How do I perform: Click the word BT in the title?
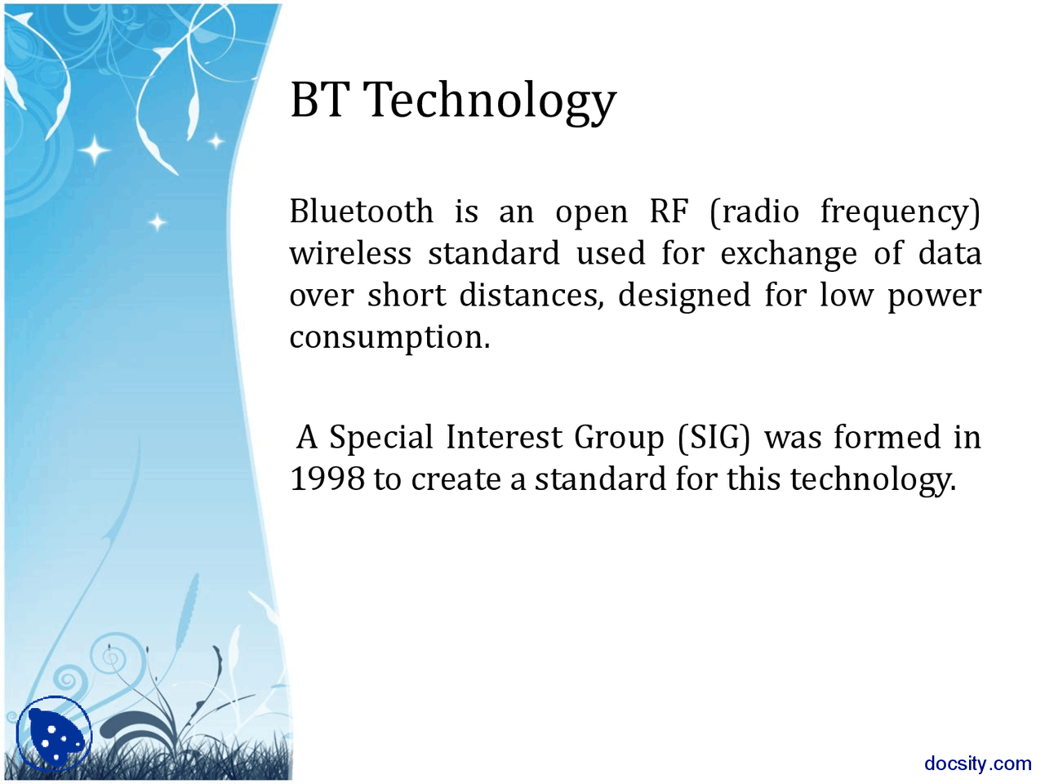pyautogui.click(x=317, y=100)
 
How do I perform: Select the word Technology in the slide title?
pyautogui.click(x=491, y=102)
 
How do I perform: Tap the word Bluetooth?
pyautogui.click(x=362, y=211)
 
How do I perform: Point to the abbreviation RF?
pyautogui.click(x=669, y=211)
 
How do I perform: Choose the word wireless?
pyautogui.click(x=350, y=253)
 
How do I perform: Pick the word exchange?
pyautogui.click(x=789, y=254)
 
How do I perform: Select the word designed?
pyautogui.click(x=684, y=296)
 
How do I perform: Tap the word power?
pyautogui.click(x=935, y=297)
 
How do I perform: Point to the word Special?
pyautogui.click(x=381, y=438)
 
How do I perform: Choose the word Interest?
pyautogui.click(x=505, y=437)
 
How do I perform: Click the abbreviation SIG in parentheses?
pyautogui.click(x=714, y=438)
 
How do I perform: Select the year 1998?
pyautogui.click(x=327, y=479)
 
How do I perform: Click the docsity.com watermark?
pyautogui.click(x=978, y=764)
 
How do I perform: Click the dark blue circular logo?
pyautogui.click(x=54, y=733)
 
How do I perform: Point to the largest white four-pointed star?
pyautogui.click(x=95, y=150)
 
